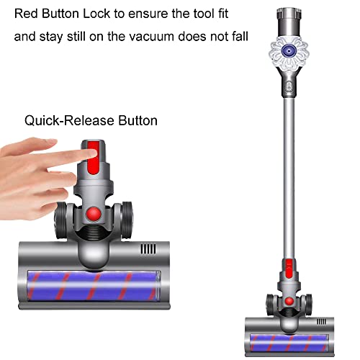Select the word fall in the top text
coord(240,37)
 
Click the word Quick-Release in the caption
coord(68,121)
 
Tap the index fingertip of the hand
coord(92,153)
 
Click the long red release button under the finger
coord(93,157)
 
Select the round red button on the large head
coord(94,214)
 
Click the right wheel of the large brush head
coord(126,220)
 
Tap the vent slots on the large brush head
coord(148,249)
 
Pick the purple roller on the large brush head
coord(93,286)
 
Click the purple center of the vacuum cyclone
coord(289,50)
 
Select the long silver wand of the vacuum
coord(289,178)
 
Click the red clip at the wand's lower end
coord(289,269)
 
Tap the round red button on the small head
coord(289,301)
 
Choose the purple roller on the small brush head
coord(289,342)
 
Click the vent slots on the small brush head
coord(322,322)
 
